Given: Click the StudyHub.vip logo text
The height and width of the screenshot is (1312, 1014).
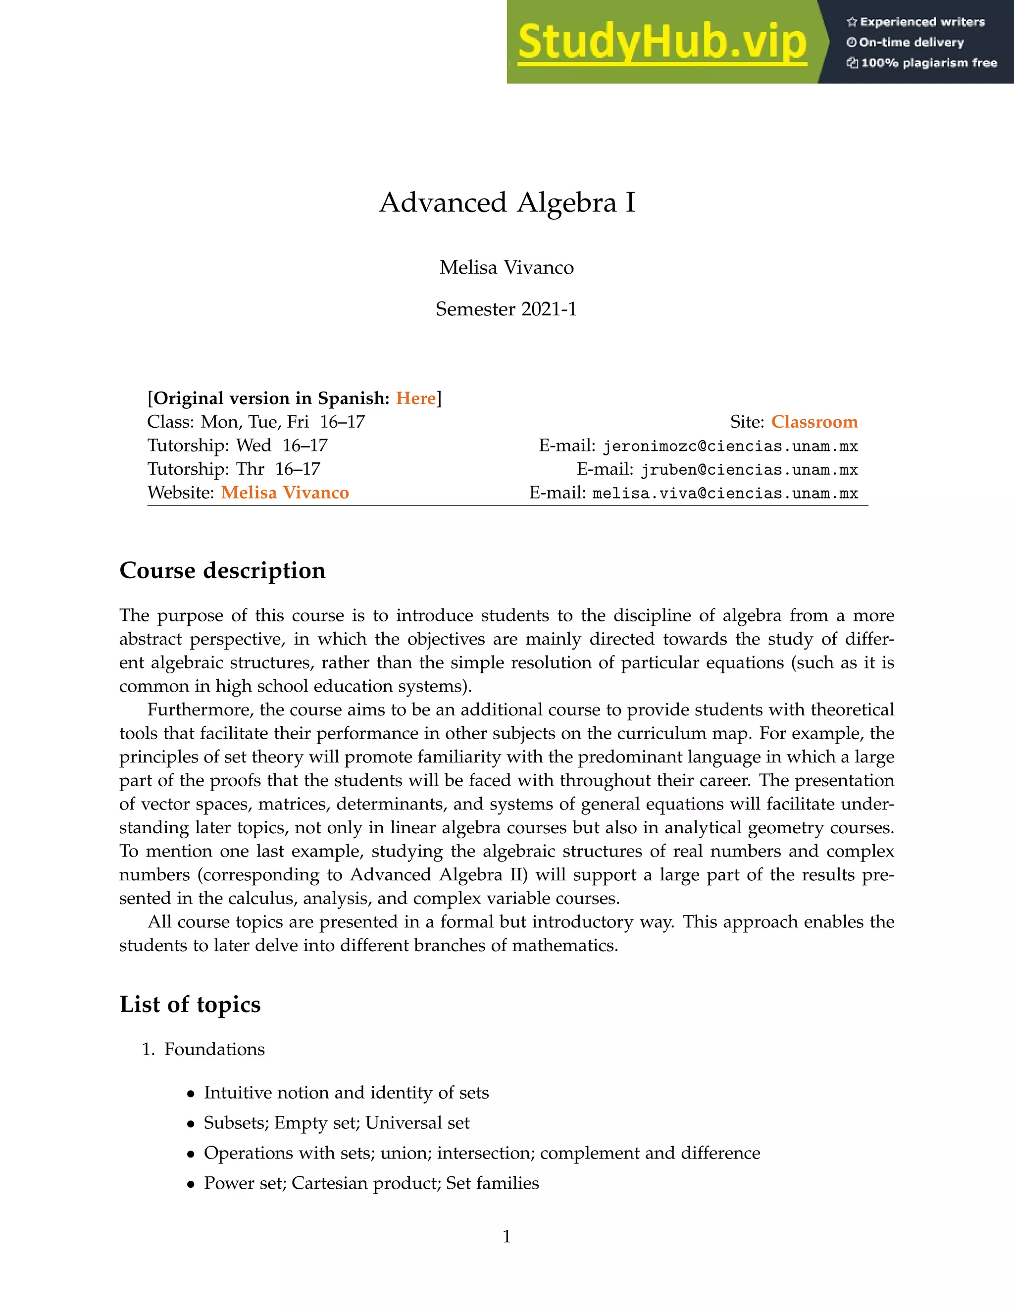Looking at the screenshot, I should (661, 43).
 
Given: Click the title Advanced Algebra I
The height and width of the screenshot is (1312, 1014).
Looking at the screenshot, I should (507, 202).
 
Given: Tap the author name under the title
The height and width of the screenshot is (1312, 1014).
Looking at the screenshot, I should (507, 267).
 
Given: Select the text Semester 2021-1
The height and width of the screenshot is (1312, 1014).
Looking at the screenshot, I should (507, 309).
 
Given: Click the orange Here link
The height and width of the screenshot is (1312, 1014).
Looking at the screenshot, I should (416, 398).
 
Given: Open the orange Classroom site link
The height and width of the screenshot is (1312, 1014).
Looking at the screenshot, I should (814, 422).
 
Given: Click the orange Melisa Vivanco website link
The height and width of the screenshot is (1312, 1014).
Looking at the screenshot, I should (285, 493).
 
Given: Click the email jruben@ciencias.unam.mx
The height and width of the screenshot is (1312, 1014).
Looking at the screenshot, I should (749, 470).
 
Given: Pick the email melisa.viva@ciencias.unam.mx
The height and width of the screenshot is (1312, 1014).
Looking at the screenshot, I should (724, 493).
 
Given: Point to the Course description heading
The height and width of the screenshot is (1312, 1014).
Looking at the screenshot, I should (222, 570).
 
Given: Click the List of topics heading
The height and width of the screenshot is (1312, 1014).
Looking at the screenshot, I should (190, 1004).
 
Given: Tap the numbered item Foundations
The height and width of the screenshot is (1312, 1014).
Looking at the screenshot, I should (214, 1049).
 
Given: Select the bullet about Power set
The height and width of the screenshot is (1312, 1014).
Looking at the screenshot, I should (371, 1183).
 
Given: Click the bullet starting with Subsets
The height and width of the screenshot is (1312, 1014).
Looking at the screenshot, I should (336, 1123).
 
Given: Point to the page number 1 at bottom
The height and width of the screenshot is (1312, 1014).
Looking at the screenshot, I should (507, 1236).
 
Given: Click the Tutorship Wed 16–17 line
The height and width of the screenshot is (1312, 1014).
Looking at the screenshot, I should (237, 446).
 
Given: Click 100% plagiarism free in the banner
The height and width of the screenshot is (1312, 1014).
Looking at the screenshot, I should (928, 63).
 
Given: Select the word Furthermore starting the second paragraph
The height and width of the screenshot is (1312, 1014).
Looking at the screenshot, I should (201, 710).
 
